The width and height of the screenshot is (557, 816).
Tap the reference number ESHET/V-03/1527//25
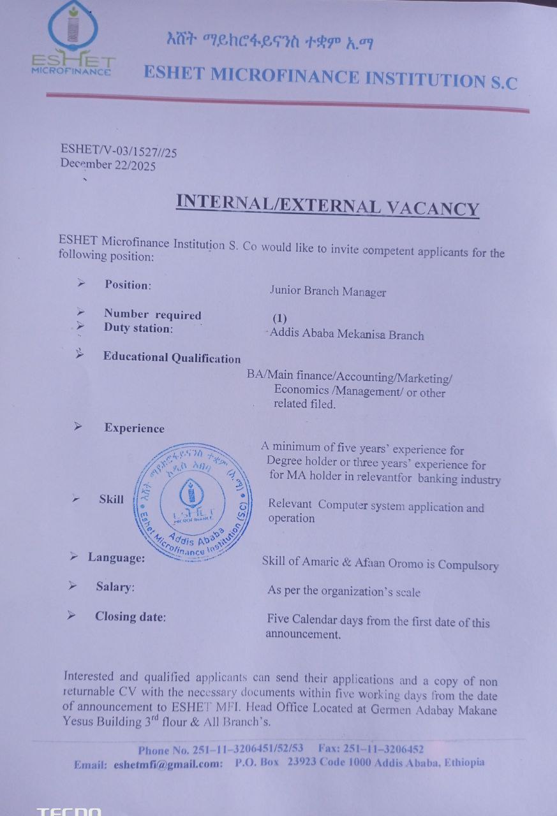[x=119, y=150]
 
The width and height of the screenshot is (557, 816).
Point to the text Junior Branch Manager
[x=327, y=292]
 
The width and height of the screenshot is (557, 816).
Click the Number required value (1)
[x=279, y=318]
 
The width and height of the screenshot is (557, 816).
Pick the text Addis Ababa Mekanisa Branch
[x=346, y=334]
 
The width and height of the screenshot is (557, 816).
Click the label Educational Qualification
[x=172, y=358]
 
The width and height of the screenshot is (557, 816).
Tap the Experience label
[x=134, y=428]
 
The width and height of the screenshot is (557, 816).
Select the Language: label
[x=116, y=558]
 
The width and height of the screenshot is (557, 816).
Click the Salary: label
[x=115, y=586]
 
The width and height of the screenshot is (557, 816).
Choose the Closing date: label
[x=130, y=616]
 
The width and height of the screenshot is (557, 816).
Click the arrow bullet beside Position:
[x=81, y=282]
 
